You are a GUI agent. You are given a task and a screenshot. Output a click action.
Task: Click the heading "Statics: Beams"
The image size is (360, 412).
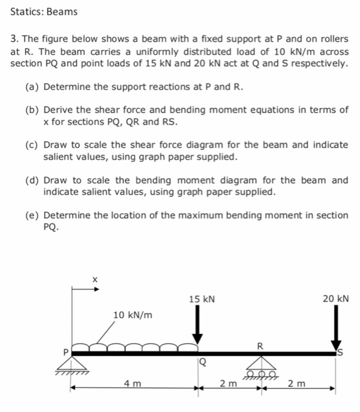coord(44,12)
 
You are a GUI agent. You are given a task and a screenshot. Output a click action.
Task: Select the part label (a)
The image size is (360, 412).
coord(33,87)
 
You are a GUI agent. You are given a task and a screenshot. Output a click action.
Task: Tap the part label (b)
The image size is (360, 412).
coord(33,110)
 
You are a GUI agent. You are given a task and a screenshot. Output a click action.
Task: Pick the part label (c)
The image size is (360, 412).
coord(33,145)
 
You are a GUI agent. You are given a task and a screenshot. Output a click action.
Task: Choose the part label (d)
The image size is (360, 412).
coord(33,180)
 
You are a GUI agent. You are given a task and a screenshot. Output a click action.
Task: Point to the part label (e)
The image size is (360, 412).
coord(33,215)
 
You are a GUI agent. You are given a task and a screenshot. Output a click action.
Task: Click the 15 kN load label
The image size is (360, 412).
coord(202,300)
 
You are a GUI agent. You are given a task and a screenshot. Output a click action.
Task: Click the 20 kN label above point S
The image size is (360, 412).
coord(336,300)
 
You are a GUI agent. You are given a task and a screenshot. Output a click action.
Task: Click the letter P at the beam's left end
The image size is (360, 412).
coord(66,352)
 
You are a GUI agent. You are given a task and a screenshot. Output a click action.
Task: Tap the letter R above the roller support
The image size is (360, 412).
coord(260,344)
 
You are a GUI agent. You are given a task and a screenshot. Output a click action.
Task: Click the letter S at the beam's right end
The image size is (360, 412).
coord(339,353)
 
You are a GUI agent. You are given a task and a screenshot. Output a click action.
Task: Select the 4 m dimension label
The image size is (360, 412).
coord(132,384)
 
